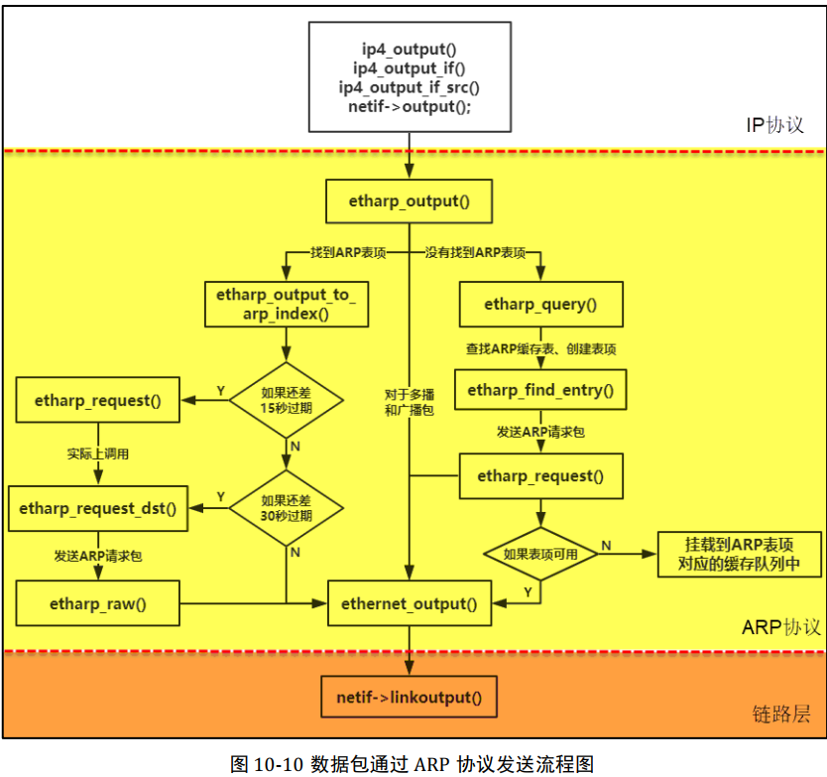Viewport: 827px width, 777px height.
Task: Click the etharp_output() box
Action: (x=409, y=201)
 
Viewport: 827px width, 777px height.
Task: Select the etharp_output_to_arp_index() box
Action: (x=286, y=305)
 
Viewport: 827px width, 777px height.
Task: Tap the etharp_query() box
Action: (x=540, y=305)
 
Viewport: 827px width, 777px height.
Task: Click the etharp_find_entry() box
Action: (x=540, y=390)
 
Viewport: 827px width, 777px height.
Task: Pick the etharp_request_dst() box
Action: (x=97, y=508)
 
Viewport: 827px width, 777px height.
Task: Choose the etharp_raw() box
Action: (x=97, y=602)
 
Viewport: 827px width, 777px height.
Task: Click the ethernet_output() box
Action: (x=409, y=602)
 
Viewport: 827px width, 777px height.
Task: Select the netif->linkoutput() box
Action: (x=409, y=697)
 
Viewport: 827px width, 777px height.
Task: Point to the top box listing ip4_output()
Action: (x=409, y=75)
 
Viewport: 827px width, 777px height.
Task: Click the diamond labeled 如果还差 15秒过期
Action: (x=286, y=400)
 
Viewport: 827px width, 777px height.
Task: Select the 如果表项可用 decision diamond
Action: (x=540, y=555)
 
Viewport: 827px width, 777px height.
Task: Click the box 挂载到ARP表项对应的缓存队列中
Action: (x=739, y=555)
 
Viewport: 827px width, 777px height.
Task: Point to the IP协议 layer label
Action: (x=774, y=126)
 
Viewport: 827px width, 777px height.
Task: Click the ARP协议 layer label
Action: (x=780, y=627)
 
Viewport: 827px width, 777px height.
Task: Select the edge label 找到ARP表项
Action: (x=346, y=253)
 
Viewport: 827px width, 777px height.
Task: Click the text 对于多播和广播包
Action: (x=409, y=402)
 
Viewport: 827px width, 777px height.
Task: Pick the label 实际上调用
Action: (x=97, y=453)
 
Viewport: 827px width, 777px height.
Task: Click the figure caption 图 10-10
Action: (x=412, y=763)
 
